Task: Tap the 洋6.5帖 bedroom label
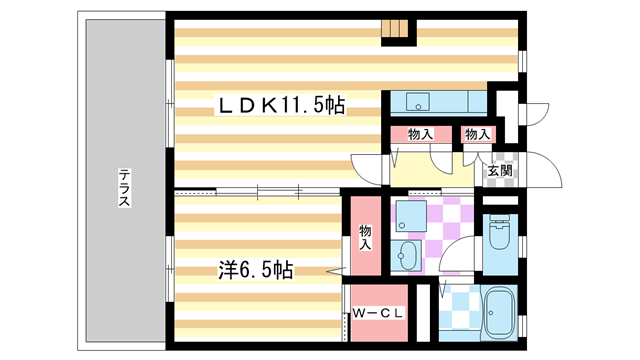[x=256, y=270]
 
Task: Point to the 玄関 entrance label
[x=500, y=171]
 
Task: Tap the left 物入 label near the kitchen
[x=420, y=134]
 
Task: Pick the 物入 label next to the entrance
[x=478, y=134]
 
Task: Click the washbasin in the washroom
[x=407, y=254]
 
